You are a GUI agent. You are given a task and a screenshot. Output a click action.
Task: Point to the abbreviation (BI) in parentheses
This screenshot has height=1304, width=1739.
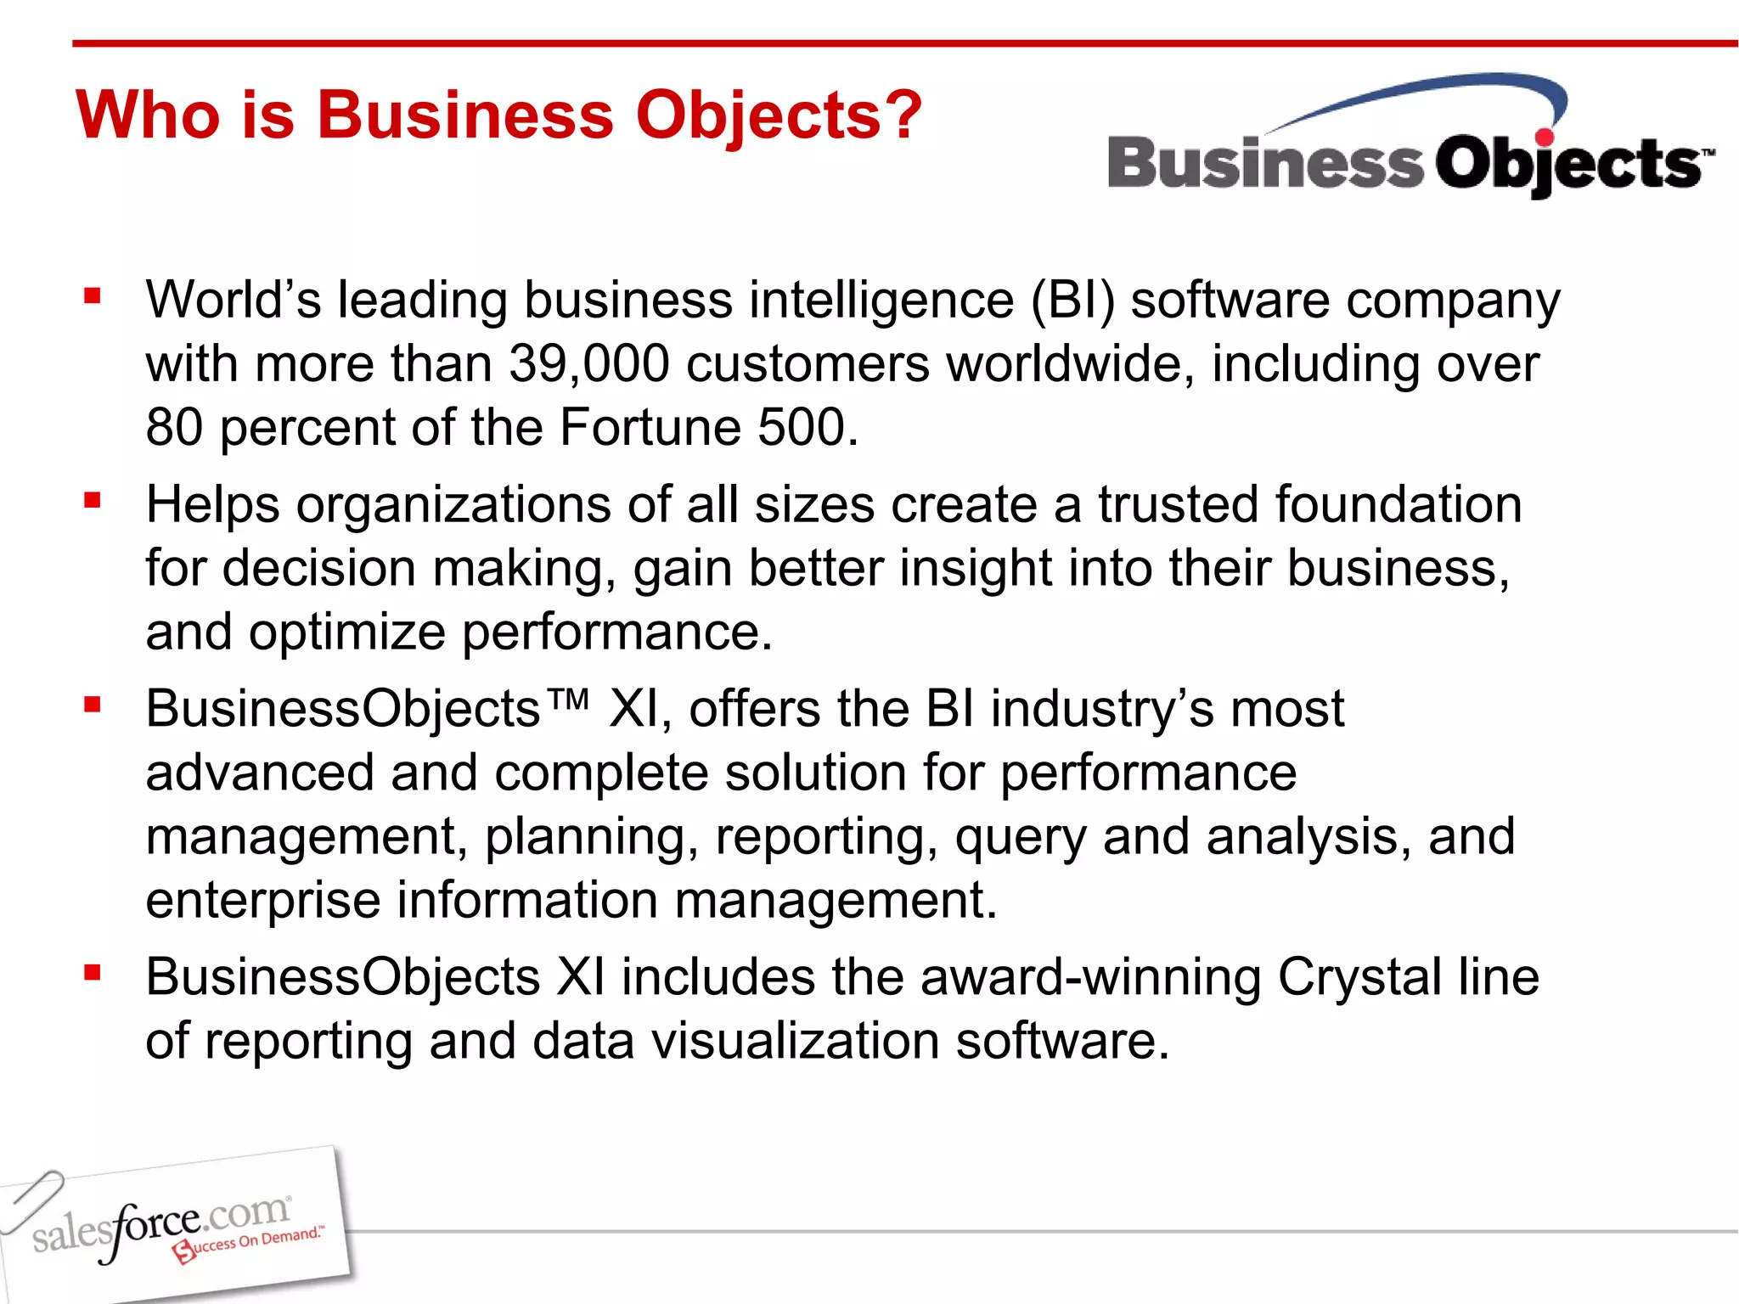1072,301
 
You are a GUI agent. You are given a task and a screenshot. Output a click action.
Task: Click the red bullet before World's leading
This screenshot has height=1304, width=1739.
93,296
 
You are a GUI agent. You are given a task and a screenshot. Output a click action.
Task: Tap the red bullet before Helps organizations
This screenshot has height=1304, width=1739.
93,500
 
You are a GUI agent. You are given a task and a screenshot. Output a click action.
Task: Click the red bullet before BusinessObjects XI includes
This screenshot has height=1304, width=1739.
93,972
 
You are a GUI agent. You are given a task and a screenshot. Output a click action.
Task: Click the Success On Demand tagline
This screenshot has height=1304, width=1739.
250,1243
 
